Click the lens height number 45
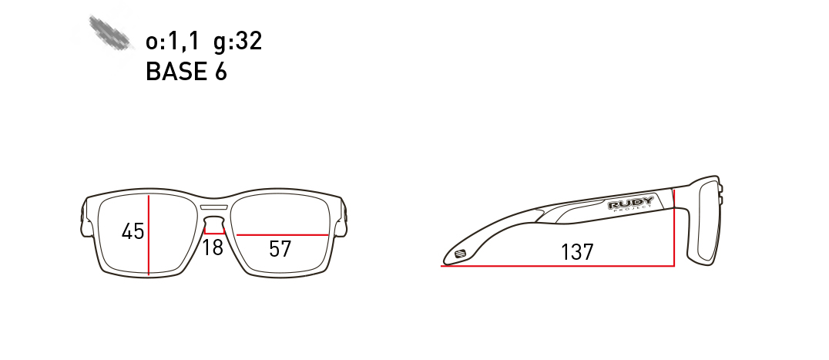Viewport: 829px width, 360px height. point(133,231)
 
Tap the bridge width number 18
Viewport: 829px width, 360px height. point(213,247)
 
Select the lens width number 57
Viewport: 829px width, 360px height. point(280,249)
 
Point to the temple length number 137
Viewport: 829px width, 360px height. point(577,252)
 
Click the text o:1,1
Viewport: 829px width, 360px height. point(172,41)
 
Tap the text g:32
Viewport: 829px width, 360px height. point(238,42)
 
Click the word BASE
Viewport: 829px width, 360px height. point(176,72)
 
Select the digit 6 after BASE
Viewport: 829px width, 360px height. point(221,72)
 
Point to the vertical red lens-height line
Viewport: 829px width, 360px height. point(149,234)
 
